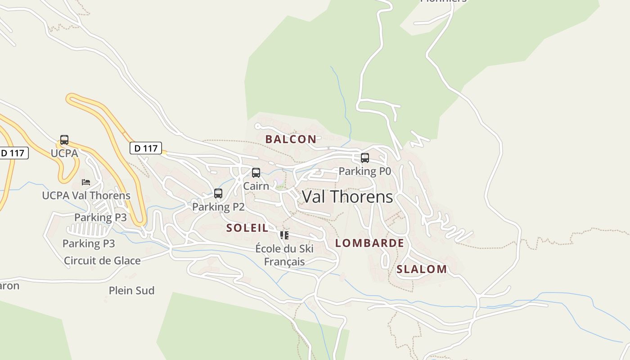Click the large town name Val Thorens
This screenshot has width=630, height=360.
click(347, 197)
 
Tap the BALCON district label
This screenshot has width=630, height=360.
click(291, 139)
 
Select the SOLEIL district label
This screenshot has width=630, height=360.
click(247, 228)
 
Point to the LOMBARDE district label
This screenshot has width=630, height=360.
click(369, 243)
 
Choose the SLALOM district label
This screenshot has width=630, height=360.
click(422, 269)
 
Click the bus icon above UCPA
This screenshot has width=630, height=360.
click(64, 140)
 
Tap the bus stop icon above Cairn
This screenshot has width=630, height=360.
click(256, 173)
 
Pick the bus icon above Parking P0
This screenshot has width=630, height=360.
click(365, 158)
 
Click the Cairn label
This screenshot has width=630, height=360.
click(256, 186)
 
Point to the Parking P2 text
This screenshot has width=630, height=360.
click(218, 207)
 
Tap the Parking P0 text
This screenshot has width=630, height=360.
click(365, 171)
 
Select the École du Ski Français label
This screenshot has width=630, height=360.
click(284, 255)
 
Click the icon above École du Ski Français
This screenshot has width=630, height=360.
click(284, 235)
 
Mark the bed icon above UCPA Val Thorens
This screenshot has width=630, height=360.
click(86, 182)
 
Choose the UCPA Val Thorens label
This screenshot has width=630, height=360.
click(86, 195)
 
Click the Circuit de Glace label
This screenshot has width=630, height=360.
click(102, 261)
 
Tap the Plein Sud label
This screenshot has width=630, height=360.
click(131, 290)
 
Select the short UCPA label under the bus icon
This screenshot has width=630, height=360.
click(64, 153)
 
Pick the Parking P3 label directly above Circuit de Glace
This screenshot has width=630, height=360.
click(89, 243)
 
